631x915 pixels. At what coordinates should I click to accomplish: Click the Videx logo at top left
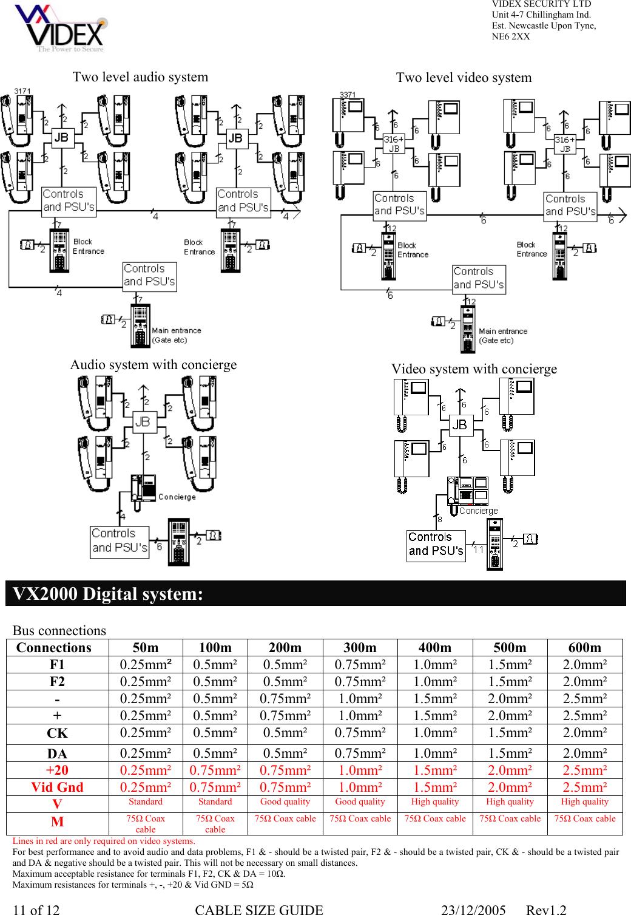click(61, 29)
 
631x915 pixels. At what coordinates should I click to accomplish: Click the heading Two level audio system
click(140, 77)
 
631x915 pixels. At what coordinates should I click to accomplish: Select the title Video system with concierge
click(474, 369)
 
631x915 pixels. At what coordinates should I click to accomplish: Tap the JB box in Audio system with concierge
click(143, 421)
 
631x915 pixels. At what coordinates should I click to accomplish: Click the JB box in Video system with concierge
click(460, 424)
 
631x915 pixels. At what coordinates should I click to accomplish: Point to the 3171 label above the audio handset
click(22, 91)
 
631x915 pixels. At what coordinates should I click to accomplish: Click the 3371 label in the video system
click(348, 95)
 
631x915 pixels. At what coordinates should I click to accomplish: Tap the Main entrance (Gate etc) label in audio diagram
click(176, 335)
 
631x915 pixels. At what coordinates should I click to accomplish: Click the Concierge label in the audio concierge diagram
click(177, 497)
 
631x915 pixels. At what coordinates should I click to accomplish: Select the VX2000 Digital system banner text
click(108, 594)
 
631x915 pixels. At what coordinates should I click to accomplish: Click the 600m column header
click(584, 648)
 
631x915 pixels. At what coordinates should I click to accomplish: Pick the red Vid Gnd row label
click(58, 787)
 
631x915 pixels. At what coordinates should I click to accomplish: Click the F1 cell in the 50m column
click(146, 665)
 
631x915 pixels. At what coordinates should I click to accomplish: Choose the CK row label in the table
click(58, 733)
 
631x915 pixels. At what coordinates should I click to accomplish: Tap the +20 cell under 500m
click(510, 770)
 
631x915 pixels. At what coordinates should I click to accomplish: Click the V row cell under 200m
click(285, 802)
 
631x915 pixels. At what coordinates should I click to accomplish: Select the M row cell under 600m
click(584, 819)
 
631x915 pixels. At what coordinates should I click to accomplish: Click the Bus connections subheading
click(59, 630)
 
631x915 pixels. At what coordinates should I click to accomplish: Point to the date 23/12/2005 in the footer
click(473, 910)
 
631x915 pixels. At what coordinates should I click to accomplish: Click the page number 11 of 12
click(36, 910)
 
